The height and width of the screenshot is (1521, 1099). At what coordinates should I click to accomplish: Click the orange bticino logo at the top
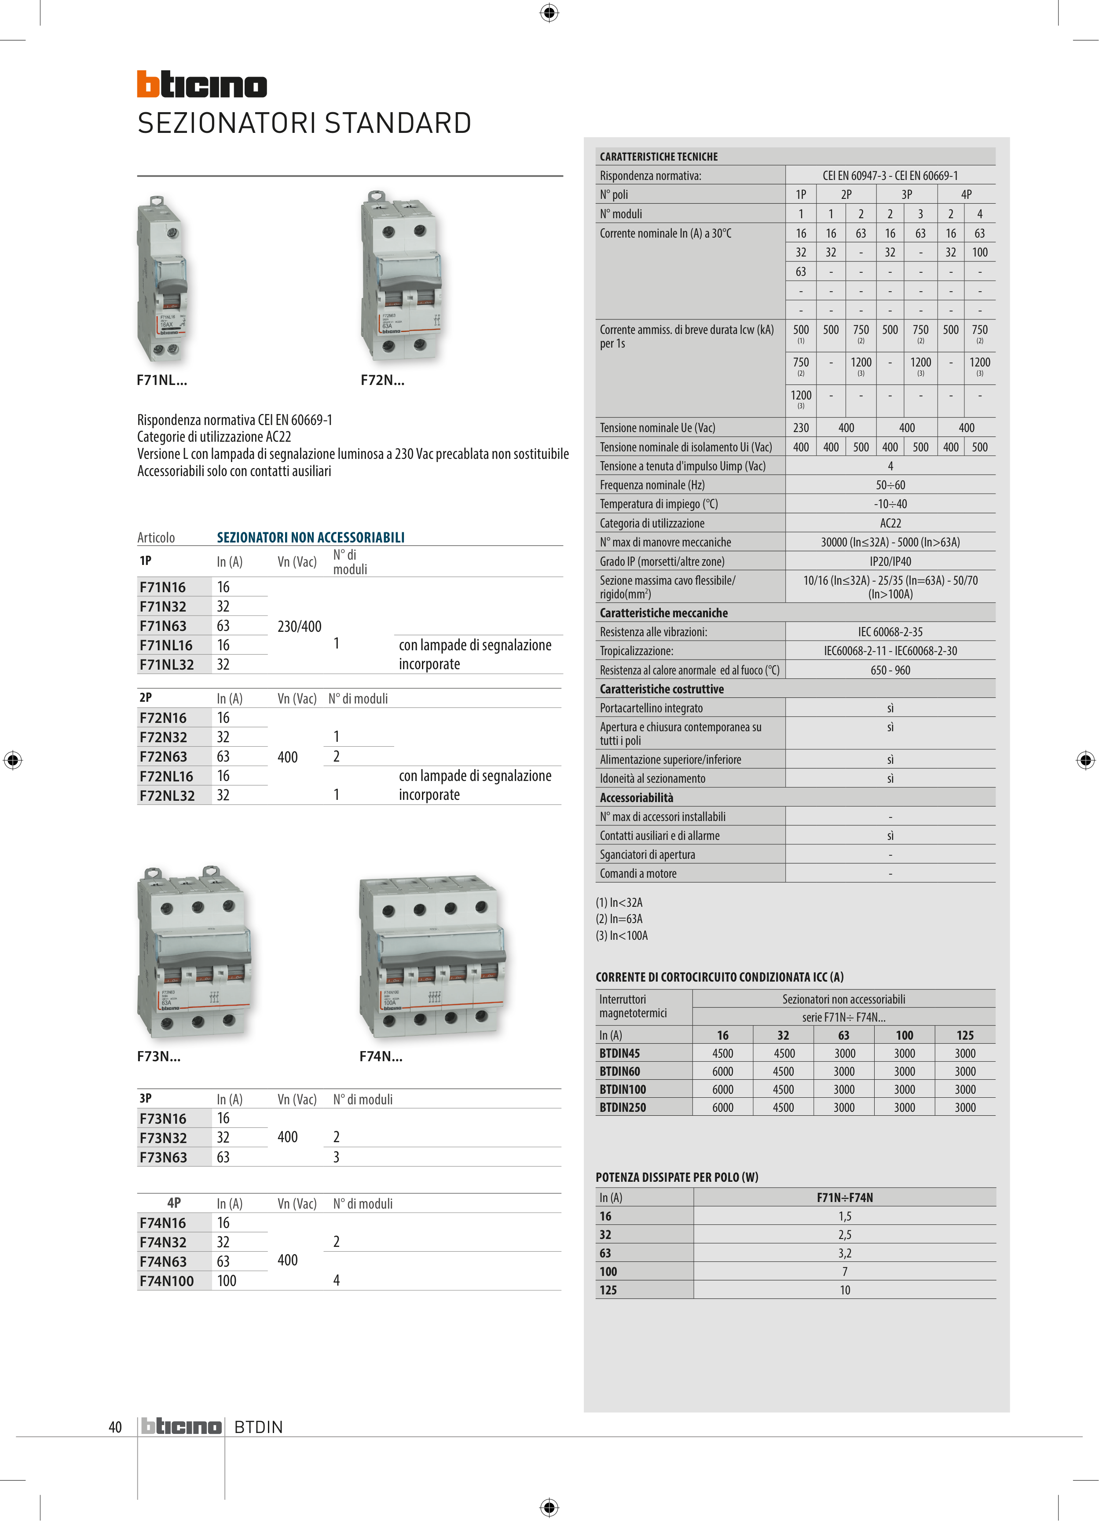coord(202,84)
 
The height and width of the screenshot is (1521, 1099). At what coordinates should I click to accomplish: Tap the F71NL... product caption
coord(161,380)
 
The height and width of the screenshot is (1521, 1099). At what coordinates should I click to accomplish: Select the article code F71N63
coord(163,626)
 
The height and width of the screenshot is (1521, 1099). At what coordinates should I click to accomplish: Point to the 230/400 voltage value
coord(299,627)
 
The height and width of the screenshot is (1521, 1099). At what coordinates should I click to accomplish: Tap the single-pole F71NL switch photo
coord(161,279)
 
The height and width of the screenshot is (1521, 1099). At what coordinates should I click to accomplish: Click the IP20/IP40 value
coord(890,561)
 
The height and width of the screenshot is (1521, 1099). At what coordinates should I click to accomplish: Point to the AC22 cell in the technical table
coord(890,523)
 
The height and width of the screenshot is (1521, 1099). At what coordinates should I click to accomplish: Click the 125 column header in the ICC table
coord(964,1035)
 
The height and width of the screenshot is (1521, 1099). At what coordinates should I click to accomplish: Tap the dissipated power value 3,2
coord(844,1253)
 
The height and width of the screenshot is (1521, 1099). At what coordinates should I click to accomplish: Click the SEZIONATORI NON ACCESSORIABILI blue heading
coord(311,537)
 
